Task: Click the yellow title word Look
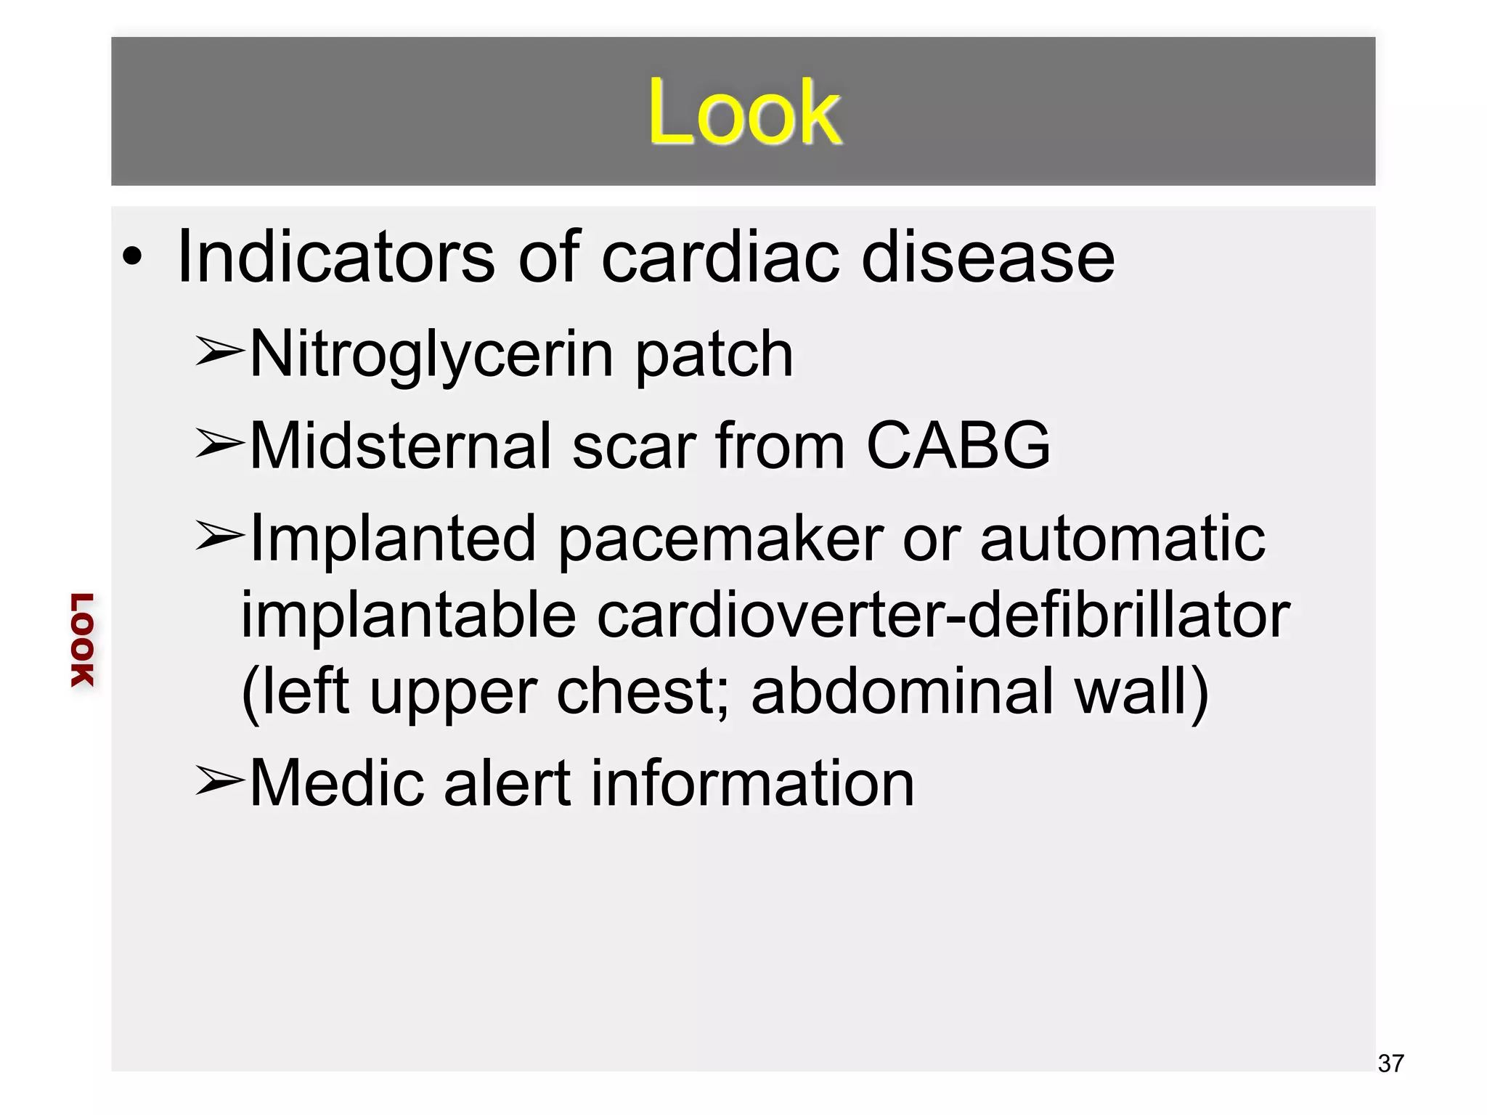point(744,113)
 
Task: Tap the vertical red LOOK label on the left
point(82,640)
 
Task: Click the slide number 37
point(1390,1063)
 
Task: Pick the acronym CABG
point(958,445)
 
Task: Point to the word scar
point(632,445)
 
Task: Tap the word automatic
point(1123,539)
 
